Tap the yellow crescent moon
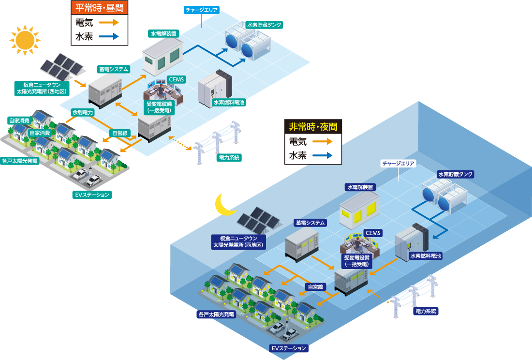point(225,205)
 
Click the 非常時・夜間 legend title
point(313,127)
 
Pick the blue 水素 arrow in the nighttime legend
point(322,156)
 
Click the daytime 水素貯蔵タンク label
point(264,25)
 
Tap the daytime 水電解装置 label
point(163,34)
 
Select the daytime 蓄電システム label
point(113,69)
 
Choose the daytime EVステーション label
point(92,195)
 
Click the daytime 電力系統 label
point(229,158)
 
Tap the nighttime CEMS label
point(373,233)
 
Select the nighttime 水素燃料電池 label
point(425,256)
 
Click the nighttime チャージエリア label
point(399,164)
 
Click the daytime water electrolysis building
point(163,54)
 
